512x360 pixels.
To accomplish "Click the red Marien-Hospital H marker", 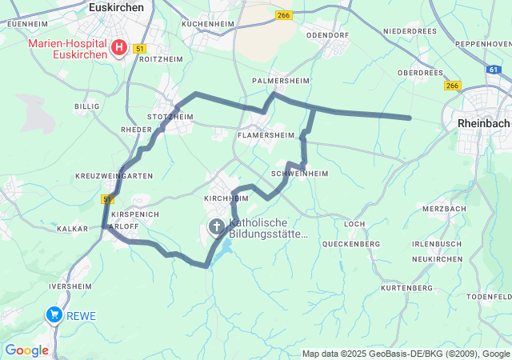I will (x=119, y=48).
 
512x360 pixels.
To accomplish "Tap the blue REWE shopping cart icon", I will (x=54, y=314).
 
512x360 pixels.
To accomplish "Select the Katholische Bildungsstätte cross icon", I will (x=216, y=227).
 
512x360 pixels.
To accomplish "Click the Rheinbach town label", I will (x=483, y=123).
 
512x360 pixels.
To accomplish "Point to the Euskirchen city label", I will (x=117, y=6).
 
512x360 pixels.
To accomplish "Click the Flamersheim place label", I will (x=266, y=136).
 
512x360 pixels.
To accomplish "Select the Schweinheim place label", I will (x=300, y=173).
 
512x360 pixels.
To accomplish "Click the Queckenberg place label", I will (x=350, y=244).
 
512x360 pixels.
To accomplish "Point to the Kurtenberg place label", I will (x=406, y=287).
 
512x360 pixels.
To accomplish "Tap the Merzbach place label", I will (x=444, y=209).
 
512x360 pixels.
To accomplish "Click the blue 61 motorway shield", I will (x=494, y=70).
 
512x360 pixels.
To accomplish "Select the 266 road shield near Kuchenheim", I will (x=283, y=15).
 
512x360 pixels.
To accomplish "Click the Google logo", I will (x=26, y=350).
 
